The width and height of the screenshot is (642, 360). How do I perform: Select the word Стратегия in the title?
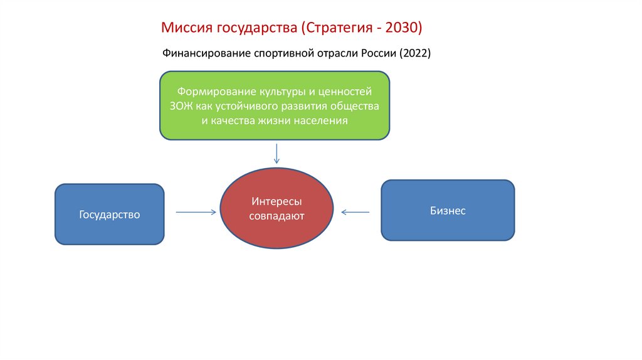coord(339,28)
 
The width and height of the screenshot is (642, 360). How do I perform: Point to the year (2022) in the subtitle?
coord(414,54)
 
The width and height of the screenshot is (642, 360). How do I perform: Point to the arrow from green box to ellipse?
coord(276,152)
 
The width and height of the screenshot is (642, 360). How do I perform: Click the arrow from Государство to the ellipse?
coord(196,213)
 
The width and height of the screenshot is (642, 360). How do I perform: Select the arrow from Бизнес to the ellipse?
coord(355,212)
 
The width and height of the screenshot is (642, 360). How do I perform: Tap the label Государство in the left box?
coord(109,214)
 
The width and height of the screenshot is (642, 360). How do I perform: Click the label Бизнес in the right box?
coord(448,211)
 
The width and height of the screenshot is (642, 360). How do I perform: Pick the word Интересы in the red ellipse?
coord(276,203)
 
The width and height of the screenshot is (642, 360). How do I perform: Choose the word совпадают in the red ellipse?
coord(276,217)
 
